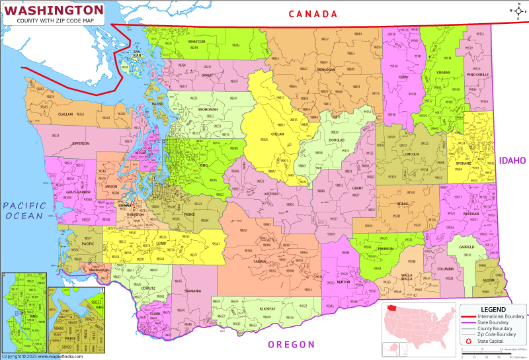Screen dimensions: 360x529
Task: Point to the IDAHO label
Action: (x=512, y=160)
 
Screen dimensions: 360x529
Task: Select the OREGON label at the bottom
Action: (x=291, y=344)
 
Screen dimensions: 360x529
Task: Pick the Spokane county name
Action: (x=461, y=163)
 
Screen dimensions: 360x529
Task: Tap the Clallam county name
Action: (x=65, y=114)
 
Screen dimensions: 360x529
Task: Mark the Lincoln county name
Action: (x=411, y=154)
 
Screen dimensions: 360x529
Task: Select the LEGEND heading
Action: (x=493, y=309)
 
